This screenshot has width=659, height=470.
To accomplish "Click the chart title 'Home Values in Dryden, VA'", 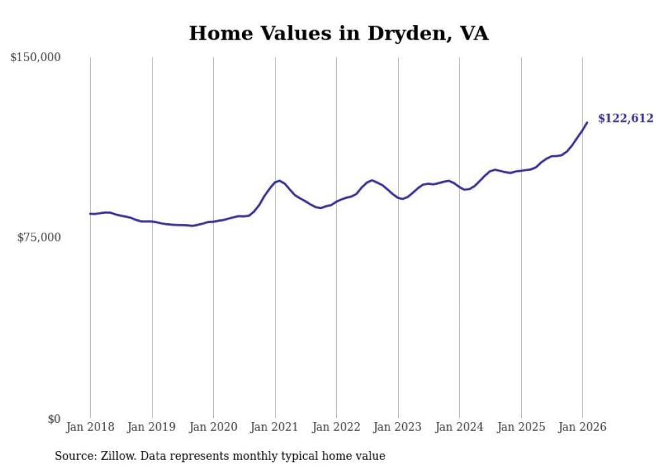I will point(338,33).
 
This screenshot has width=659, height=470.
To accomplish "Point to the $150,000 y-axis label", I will point(36,58).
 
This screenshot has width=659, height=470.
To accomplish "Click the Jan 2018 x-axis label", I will point(90,427).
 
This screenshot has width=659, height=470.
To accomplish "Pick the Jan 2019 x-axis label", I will point(152,427).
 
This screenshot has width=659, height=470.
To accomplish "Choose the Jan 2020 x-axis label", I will point(213,427).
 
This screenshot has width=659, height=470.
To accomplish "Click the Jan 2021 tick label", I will point(275,427).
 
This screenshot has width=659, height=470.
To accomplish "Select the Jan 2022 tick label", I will point(336,427).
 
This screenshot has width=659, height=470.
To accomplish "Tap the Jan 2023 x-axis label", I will point(398,427).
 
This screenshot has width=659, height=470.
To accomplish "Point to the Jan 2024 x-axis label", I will point(459,427).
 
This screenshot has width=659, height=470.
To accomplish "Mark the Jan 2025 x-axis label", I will point(521,427).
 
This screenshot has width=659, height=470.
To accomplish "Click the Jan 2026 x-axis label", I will point(582,427).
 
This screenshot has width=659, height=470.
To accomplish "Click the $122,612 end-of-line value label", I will point(625,119).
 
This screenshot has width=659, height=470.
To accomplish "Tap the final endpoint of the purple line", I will point(587,122).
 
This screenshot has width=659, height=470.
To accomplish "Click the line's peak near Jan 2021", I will point(278,180).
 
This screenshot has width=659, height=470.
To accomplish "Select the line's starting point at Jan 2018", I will point(90,214).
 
